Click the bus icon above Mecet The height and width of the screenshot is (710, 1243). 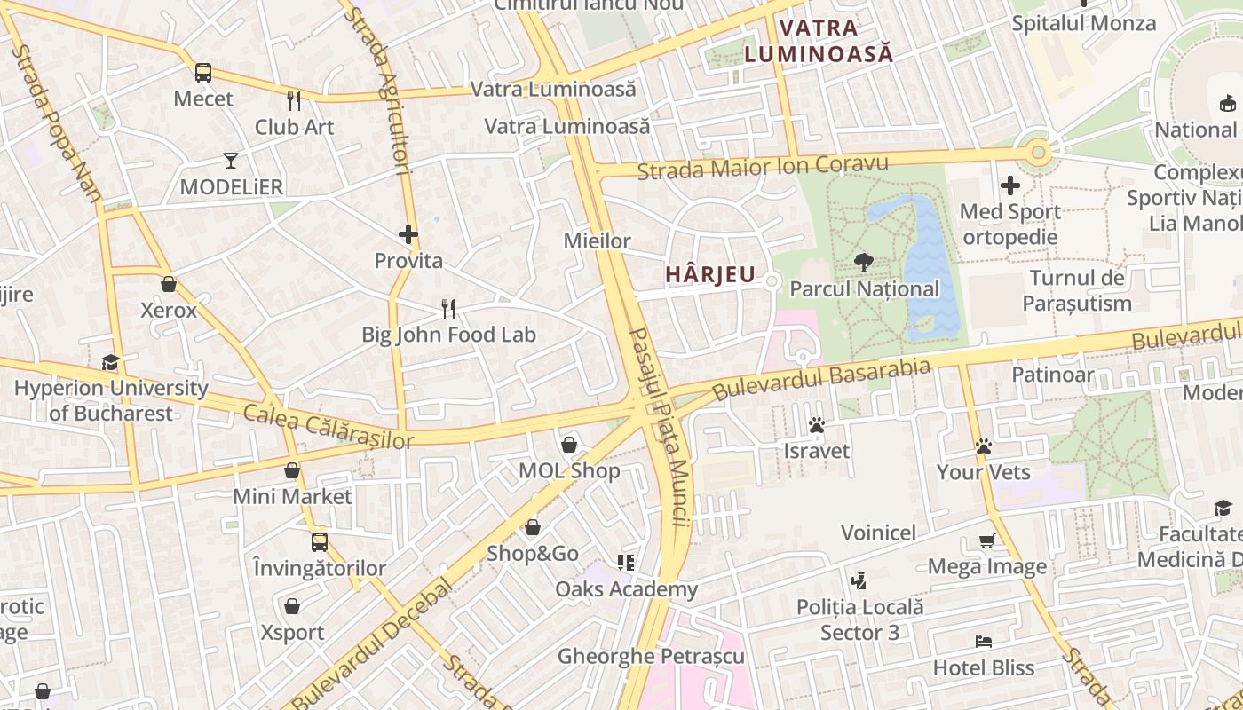(203, 73)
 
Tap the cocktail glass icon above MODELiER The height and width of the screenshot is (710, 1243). (231, 161)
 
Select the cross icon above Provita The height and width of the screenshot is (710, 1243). (408, 234)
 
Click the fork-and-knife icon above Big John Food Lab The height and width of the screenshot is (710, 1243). (448, 309)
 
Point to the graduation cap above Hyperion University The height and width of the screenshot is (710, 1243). (110, 362)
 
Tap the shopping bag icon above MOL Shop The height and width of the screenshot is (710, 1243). (569, 445)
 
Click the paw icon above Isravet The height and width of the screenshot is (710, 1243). (817, 425)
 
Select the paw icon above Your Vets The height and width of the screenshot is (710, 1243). (983, 446)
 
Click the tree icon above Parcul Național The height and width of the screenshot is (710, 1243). (863, 263)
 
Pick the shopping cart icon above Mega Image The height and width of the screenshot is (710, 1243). (986, 540)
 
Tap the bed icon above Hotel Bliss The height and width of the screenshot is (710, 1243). (983, 642)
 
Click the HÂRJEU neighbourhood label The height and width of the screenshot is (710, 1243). (710, 275)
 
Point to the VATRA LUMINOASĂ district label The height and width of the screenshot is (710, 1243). (818, 41)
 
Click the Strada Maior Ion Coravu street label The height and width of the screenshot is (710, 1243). (763, 166)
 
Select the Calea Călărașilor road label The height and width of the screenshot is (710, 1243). (329, 426)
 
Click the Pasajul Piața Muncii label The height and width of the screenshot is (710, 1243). (660, 427)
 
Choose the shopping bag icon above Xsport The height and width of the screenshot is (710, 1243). (292, 607)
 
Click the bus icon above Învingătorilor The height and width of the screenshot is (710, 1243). (319, 541)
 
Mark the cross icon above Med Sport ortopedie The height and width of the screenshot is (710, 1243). (1010, 186)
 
